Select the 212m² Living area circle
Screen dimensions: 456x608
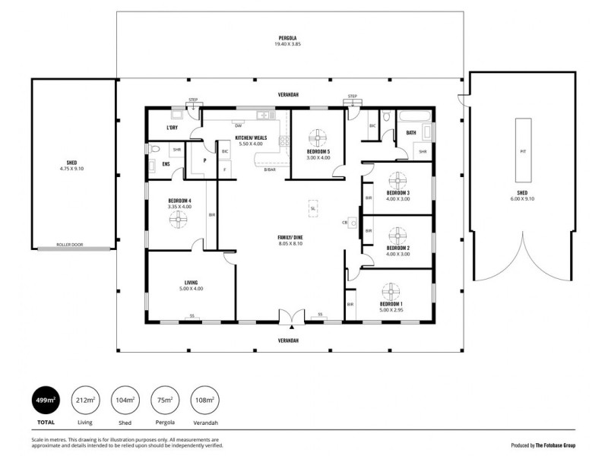85,400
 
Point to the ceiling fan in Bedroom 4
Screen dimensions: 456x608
178,219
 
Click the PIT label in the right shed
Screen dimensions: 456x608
522,151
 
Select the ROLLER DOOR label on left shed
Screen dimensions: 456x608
73,245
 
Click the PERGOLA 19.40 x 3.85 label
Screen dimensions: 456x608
288,40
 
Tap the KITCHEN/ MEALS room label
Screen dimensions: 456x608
250,141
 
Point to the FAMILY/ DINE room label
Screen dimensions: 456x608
290,240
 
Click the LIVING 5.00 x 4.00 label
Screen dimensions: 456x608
191,286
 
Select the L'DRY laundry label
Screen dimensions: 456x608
172,128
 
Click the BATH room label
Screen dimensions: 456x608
411,133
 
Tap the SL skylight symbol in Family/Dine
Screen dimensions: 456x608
312,209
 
